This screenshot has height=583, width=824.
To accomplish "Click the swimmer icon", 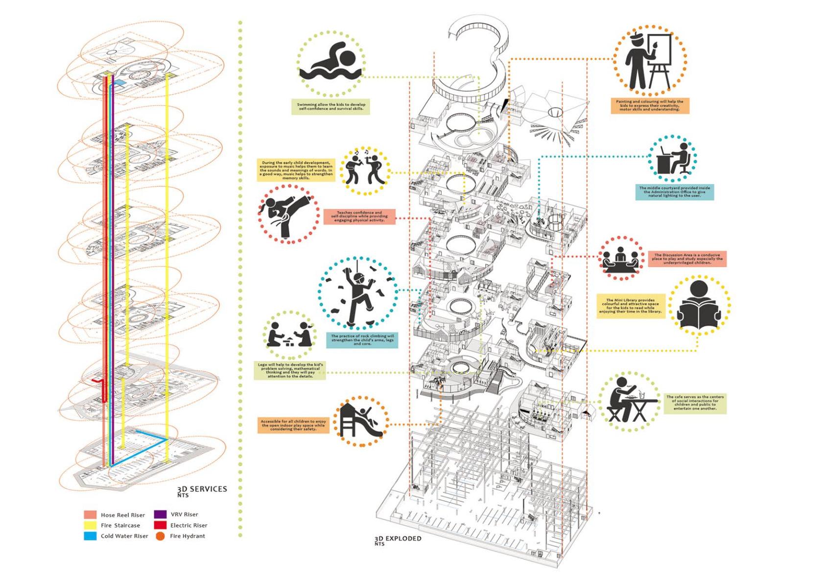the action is [x=331, y=64].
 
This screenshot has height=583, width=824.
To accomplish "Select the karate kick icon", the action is [x=287, y=213].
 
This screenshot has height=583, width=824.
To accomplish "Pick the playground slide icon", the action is [x=361, y=421].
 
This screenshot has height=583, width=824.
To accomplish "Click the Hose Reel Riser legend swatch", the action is [x=90, y=515].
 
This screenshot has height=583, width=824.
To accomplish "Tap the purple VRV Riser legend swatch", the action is [x=160, y=514].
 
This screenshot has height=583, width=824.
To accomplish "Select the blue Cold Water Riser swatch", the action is [x=90, y=536].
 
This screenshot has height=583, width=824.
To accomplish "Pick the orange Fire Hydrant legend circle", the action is [x=160, y=536].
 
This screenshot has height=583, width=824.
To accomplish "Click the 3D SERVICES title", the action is [x=202, y=489].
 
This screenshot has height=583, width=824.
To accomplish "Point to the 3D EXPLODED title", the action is [x=398, y=539].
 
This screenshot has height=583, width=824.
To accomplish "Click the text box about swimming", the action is [x=330, y=107].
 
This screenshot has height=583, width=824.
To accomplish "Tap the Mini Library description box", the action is [x=631, y=306].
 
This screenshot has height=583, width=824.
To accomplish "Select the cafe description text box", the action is [x=695, y=403].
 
